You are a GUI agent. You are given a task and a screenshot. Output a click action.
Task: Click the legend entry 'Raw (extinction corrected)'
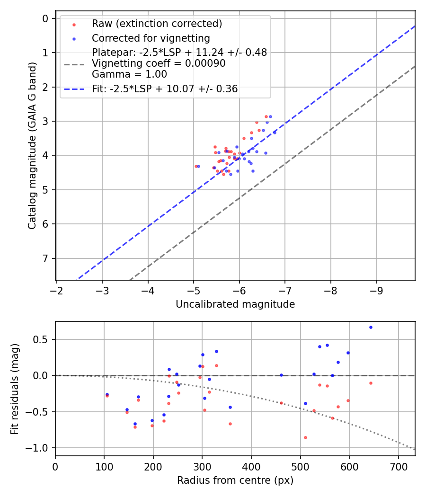pyautogui.click(x=157, y=24)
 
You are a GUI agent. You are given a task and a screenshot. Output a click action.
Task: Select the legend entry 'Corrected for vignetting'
pyautogui.click(x=151, y=38)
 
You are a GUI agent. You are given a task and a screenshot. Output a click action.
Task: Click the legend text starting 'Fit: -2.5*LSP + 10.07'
pyautogui.click(x=165, y=89)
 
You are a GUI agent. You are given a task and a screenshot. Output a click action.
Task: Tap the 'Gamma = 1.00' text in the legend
pyautogui.click(x=129, y=74)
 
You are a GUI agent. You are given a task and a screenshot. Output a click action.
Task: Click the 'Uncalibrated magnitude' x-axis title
pyautogui.click(x=235, y=304)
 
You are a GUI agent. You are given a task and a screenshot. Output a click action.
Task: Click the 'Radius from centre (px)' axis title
pyautogui.click(x=235, y=480)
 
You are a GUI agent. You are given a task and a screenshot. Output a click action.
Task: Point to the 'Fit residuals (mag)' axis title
pyautogui.click(x=15, y=389)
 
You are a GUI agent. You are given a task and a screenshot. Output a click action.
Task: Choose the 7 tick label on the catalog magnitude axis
pyautogui.click(x=46, y=258)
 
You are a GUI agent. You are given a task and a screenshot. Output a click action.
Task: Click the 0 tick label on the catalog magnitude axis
pyautogui.click(x=46, y=18)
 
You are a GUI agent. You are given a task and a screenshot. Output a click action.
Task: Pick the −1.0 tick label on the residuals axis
pyautogui.click(x=40, y=448)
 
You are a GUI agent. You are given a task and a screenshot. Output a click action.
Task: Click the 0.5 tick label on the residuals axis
pyautogui.click(x=43, y=339)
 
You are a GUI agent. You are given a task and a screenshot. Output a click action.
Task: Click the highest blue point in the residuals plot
pyautogui.click(x=371, y=327)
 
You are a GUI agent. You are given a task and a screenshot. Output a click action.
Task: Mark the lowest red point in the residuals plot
pyautogui.click(x=305, y=437)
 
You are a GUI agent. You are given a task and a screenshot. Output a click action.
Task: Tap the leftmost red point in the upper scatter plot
pyautogui.click(x=196, y=166)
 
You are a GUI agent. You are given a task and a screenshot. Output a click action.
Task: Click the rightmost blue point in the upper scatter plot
pyautogui.click(x=275, y=133)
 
